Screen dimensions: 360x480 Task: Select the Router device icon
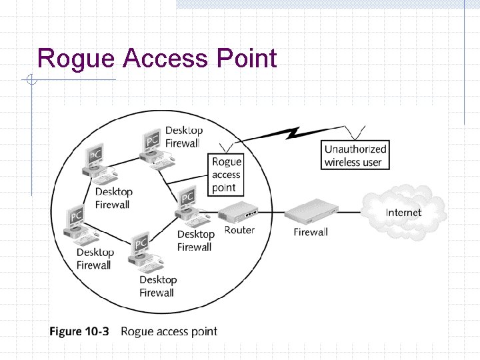pyautogui.click(x=239, y=213)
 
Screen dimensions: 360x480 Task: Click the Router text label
pyautogui.click(x=239, y=230)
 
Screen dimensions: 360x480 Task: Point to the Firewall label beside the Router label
pyautogui.click(x=311, y=232)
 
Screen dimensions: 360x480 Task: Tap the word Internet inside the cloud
pyautogui.click(x=404, y=213)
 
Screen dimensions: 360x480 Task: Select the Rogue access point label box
pyautogui.click(x=227, y=174)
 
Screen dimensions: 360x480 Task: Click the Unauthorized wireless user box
pyautogui.click(x=355, y=156)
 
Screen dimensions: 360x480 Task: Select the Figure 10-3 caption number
pyautogui.click(x=79, y=331)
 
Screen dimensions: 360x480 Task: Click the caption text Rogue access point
pyautogui.click(x=169, y=331)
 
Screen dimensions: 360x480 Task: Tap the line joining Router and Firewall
pyautogui.click(x=272, y=213)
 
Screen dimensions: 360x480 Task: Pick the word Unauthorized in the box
pyautogui.click(x=355, y=149)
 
